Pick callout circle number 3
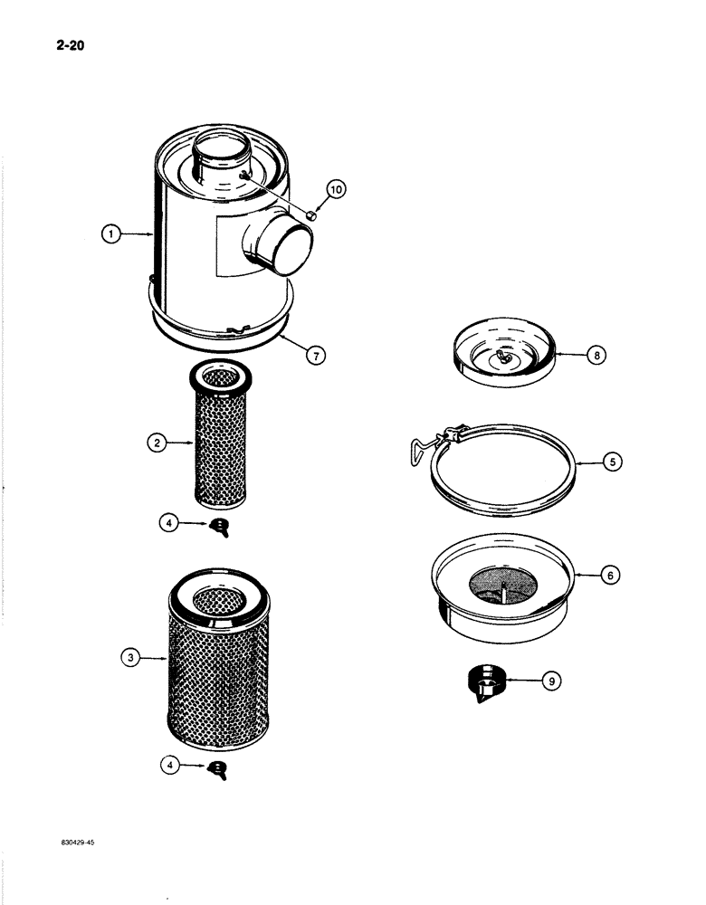point(132,660)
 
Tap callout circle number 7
point(315,357)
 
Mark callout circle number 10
point(336,189)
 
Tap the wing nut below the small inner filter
point(218,526)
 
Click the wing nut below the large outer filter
point(218,768)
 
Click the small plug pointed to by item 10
point(310,215)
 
